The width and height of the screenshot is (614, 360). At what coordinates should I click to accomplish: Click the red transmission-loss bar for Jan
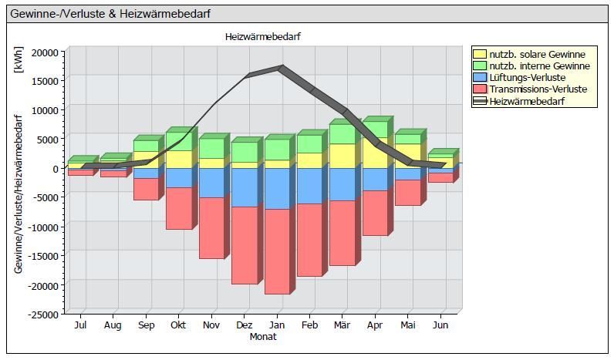[x=276, y=251]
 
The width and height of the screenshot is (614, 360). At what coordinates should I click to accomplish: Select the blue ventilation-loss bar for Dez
[x=245, y=187]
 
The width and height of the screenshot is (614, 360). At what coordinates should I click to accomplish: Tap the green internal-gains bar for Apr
[x=375, y=130]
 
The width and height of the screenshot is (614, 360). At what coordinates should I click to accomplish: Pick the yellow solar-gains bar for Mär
[x=342, y=156]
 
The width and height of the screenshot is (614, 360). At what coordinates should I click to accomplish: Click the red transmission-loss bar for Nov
[x=211, y=227]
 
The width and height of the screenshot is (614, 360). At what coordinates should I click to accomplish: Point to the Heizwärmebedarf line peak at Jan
[x=282, y=68]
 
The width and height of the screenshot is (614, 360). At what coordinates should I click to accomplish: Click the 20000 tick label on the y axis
[x=44, y=52]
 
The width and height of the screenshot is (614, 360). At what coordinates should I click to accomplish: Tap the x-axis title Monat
[x=263, y=337]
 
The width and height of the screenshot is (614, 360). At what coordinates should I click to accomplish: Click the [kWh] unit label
[x=19, y=59]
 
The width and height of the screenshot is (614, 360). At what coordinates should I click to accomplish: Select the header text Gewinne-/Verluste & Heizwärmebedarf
[x=111, y=14]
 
